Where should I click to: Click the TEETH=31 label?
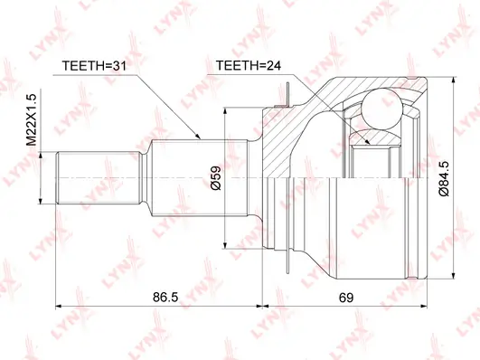click(94, 65)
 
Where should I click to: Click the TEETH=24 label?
click(248, 65)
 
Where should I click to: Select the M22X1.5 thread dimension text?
click(31, 119)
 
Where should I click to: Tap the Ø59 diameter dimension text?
click(216, 178)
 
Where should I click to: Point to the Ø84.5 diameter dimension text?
click(444, 178)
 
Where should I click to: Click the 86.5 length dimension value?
click(165, 298)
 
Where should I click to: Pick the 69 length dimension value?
click(346, 298)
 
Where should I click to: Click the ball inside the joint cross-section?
click(381, 109)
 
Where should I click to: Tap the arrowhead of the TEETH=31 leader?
click(197, 137)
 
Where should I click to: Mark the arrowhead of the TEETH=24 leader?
click(367, 141)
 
